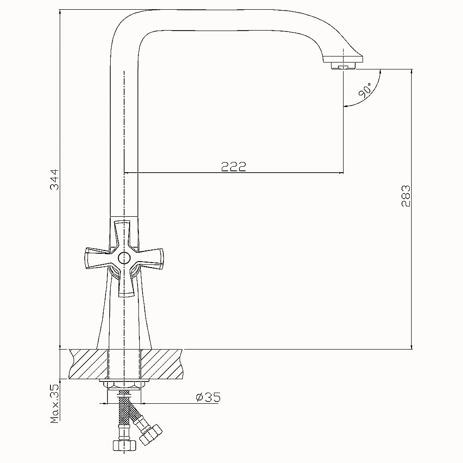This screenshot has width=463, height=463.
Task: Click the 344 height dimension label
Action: [x=54, y=180]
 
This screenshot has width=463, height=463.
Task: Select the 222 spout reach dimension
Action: [x=233, y=167]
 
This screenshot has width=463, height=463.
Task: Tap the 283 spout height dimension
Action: [x=406, y=196]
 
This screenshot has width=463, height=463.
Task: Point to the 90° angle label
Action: [x=365, y=90]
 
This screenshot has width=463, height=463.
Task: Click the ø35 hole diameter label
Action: [x=208, y=397]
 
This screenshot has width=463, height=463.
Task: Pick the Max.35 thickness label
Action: [x=55, y=404]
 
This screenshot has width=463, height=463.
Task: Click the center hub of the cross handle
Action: [x=124, y=258]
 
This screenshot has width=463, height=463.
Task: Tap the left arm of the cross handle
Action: [x=97, y=258]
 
